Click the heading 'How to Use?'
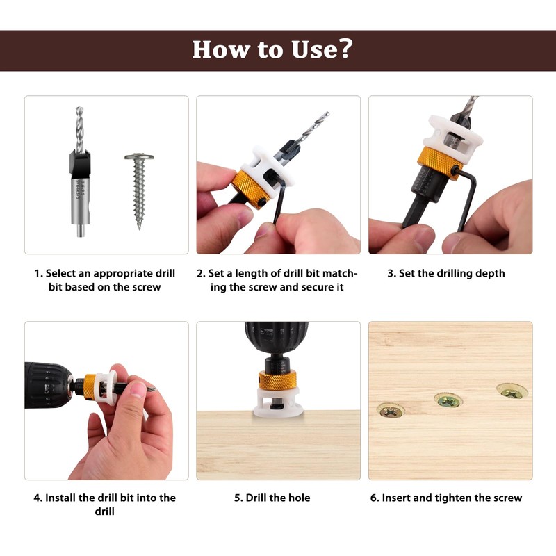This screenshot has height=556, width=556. pos(272,49)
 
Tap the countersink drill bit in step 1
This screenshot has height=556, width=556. pos(81,174)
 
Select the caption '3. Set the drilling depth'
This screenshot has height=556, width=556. pos(446,273)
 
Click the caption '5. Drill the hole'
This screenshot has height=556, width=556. pos(278,498)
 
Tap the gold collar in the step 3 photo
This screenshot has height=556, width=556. pos(439,162)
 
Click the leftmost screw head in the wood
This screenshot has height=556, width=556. pos(391,410)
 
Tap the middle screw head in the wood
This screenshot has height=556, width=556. pos(447,400)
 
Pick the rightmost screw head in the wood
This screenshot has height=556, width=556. pos(512,392)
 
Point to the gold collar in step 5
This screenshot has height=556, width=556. pos(277,379)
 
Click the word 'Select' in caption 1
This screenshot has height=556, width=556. pos(62,273)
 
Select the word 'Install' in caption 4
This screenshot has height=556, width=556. pos(65,498)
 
